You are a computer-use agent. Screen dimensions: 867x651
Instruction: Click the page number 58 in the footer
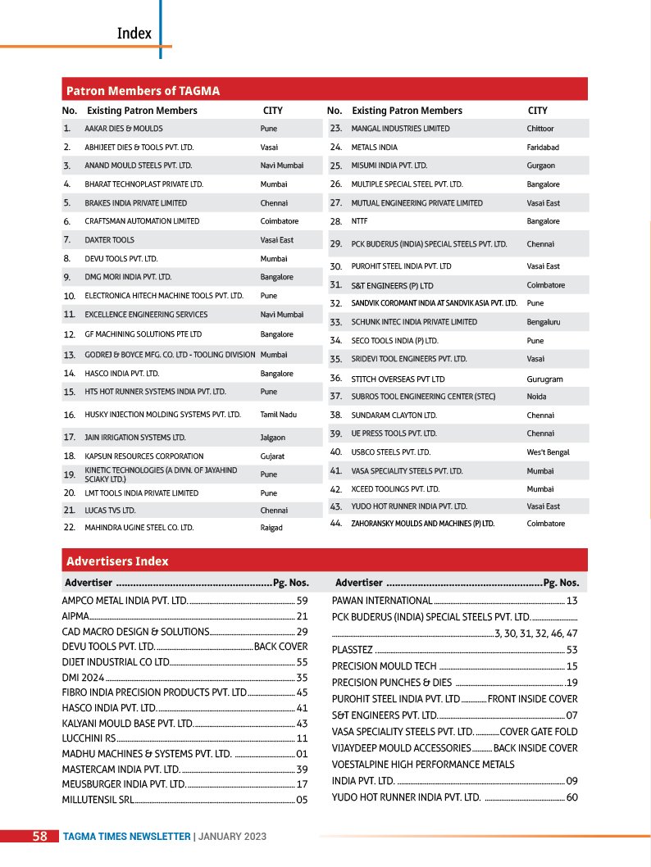39,836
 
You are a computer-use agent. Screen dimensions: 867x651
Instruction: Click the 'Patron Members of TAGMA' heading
143,90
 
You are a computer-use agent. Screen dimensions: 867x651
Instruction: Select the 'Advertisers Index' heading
117,561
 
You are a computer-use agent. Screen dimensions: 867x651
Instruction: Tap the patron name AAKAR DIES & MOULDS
124,129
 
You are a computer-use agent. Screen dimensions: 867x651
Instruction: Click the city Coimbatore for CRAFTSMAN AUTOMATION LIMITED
280,221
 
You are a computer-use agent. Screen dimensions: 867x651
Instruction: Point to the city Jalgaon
273,438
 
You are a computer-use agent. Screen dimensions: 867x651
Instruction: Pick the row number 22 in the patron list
70,528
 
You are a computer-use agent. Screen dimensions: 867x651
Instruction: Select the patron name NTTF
359,221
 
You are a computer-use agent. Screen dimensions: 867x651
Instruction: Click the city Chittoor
540,129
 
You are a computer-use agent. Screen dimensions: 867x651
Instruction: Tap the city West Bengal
548,452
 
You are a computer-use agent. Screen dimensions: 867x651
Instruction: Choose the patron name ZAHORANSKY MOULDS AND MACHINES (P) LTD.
423,523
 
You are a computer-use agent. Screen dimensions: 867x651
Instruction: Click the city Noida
537,397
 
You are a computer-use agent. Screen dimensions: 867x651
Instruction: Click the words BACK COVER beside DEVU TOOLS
281,647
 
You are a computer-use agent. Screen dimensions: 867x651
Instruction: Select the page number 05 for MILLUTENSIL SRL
302,799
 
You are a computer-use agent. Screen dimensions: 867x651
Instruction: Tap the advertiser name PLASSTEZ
353,650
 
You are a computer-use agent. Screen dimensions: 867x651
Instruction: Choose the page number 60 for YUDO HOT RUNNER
571,797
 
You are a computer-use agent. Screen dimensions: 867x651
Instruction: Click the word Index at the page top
134,34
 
